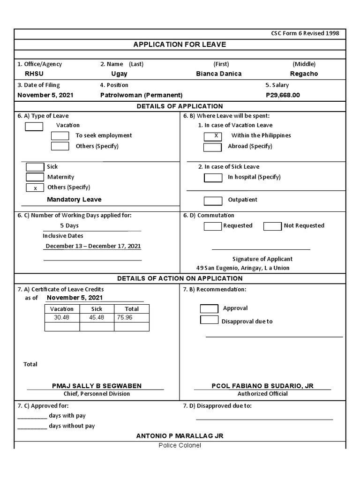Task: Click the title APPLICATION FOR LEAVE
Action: [180, 45]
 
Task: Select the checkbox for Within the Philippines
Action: [213, 136]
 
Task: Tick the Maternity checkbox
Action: [35, 177]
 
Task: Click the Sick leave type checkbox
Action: [35, 167]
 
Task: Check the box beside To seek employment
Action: [60, 136]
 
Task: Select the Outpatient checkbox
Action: [213, 201]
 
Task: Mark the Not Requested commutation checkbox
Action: [272, 226]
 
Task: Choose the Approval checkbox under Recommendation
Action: [209, 308]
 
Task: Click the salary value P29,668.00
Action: [283, 95]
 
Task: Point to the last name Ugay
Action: [119, 74]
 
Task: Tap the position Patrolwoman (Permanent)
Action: [142, 95]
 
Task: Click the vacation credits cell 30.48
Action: [61, 317]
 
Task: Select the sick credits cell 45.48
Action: [97, 317]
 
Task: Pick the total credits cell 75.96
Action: [125, 317]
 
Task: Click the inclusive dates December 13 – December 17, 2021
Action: [93, 246]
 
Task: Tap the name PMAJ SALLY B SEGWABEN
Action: [97, 386]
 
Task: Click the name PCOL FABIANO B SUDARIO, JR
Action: [262, 386]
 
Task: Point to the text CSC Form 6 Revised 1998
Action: [305, 34]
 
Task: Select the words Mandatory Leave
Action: [74, 200]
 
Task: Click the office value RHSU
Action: [34, 74]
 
